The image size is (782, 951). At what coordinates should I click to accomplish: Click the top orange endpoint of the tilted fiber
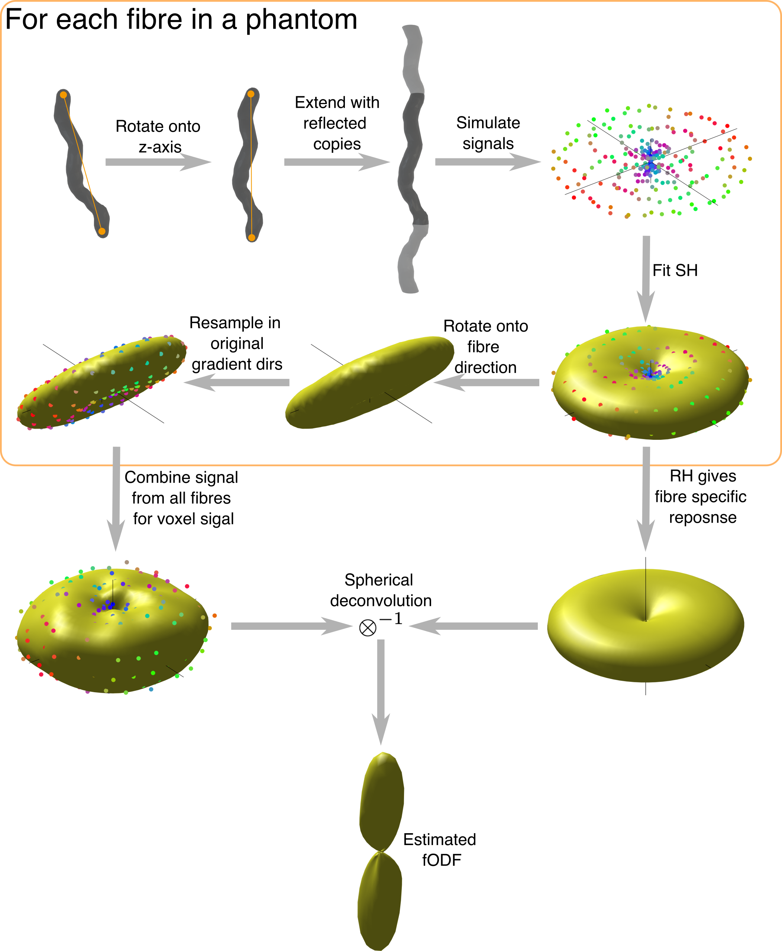[64, 94]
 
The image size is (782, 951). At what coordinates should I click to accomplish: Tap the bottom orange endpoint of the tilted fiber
[102, 231]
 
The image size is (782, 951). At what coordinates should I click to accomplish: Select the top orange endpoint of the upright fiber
[251, 94]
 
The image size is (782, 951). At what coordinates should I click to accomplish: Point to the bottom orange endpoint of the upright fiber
[252, 238]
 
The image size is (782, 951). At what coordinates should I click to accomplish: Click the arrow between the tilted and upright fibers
[158, 162]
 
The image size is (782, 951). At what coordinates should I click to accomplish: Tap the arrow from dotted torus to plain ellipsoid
[487, 383]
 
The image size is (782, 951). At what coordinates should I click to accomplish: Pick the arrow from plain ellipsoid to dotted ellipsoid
[236, 383]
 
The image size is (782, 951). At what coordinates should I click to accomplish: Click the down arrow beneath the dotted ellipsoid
[116, 498]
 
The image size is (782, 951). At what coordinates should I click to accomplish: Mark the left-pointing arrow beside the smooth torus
[473, 626]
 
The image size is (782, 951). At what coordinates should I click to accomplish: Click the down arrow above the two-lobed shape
[381, 692]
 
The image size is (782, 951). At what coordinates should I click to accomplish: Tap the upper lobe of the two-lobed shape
[382, 802]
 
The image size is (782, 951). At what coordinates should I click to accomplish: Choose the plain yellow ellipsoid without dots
[369, 382]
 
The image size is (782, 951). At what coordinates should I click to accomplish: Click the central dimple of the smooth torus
[646, 620]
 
